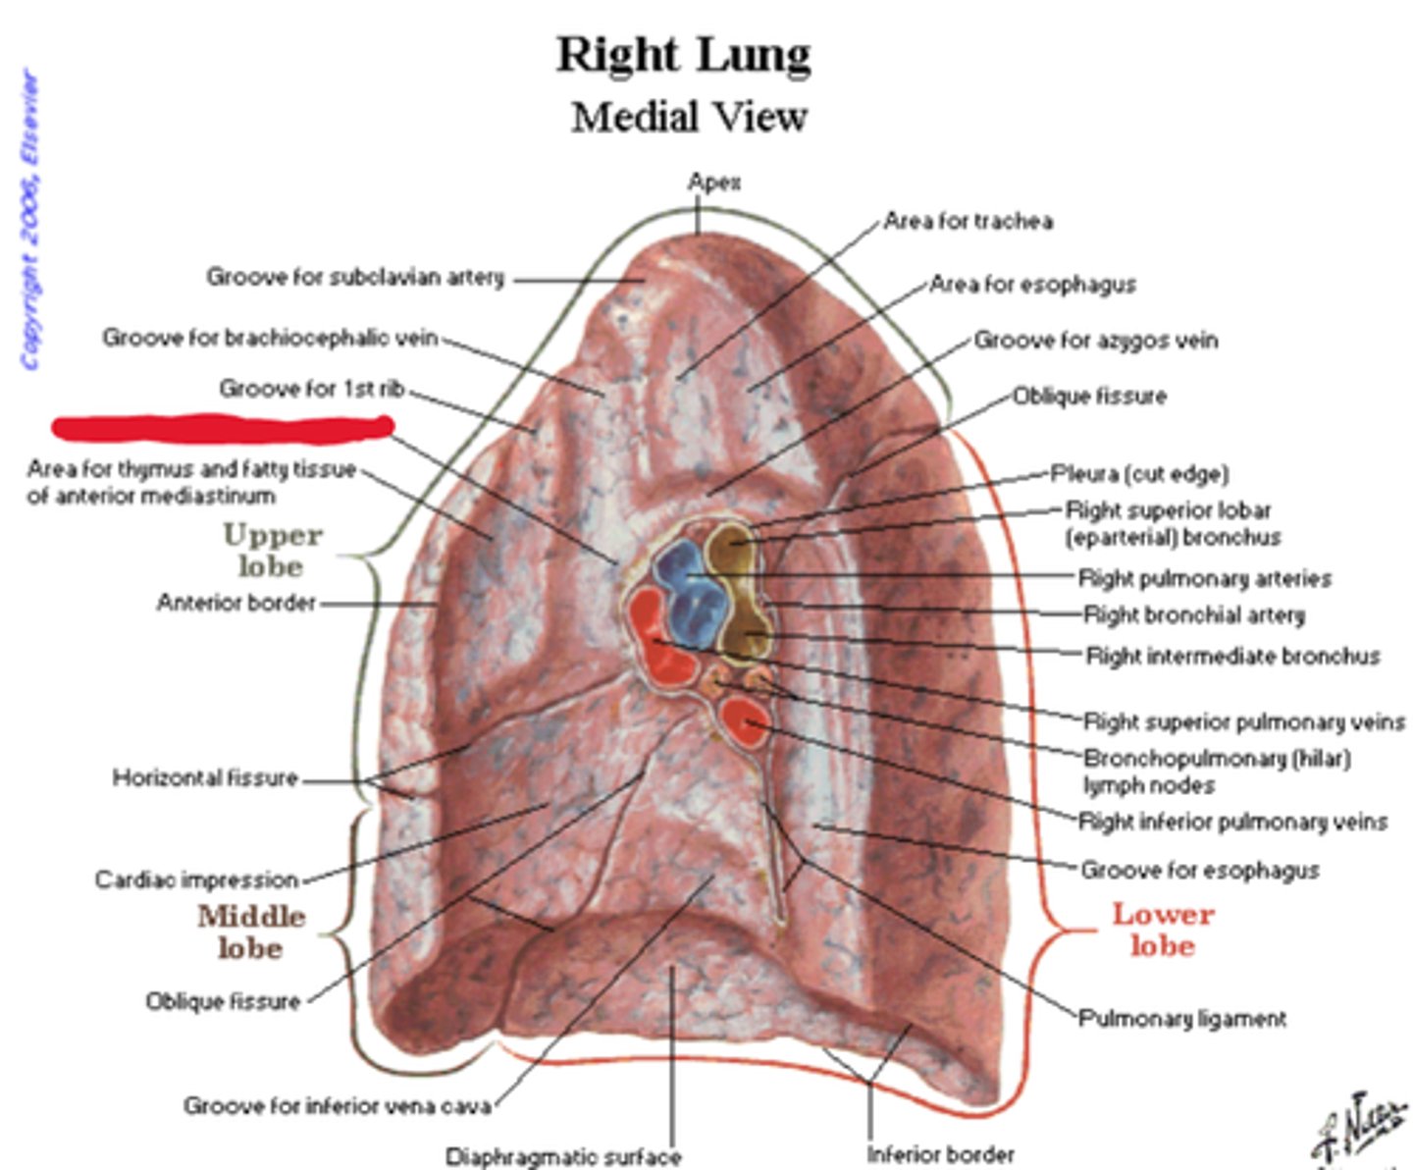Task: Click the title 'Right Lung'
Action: pyautogui.click(x=684, y=55)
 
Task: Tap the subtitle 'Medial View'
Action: pyautogui.click(x=689, y=118)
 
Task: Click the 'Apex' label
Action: pyautogui.click(x=714, y=182)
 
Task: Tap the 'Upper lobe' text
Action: pyautogui.click(x=272, y=551)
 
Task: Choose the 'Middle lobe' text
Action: pyautogui.click(x=251, y=931)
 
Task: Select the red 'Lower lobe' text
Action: pyautogui.click(x=1163, y=930)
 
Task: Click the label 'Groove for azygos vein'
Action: pyautogui.click(x=1095, y=341)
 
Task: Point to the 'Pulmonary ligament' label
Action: pyautogui.click(x=1182, y=1018)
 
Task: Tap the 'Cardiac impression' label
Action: pyautogui.click(x=196, y=878)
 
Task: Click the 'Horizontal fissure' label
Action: pyautogui.click(x=205, y=778)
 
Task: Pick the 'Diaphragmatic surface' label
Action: pyautogui.click(x=563, y=1156)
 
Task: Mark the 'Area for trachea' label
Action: pyautogui.click(x=968, y=221)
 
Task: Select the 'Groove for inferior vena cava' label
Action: pyautogui.click(x=338, y=1106)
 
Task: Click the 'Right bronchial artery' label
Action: pyautogui.click(x=1194, y=615)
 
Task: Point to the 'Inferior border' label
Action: pyautogui.click(x=940, y=1154)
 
